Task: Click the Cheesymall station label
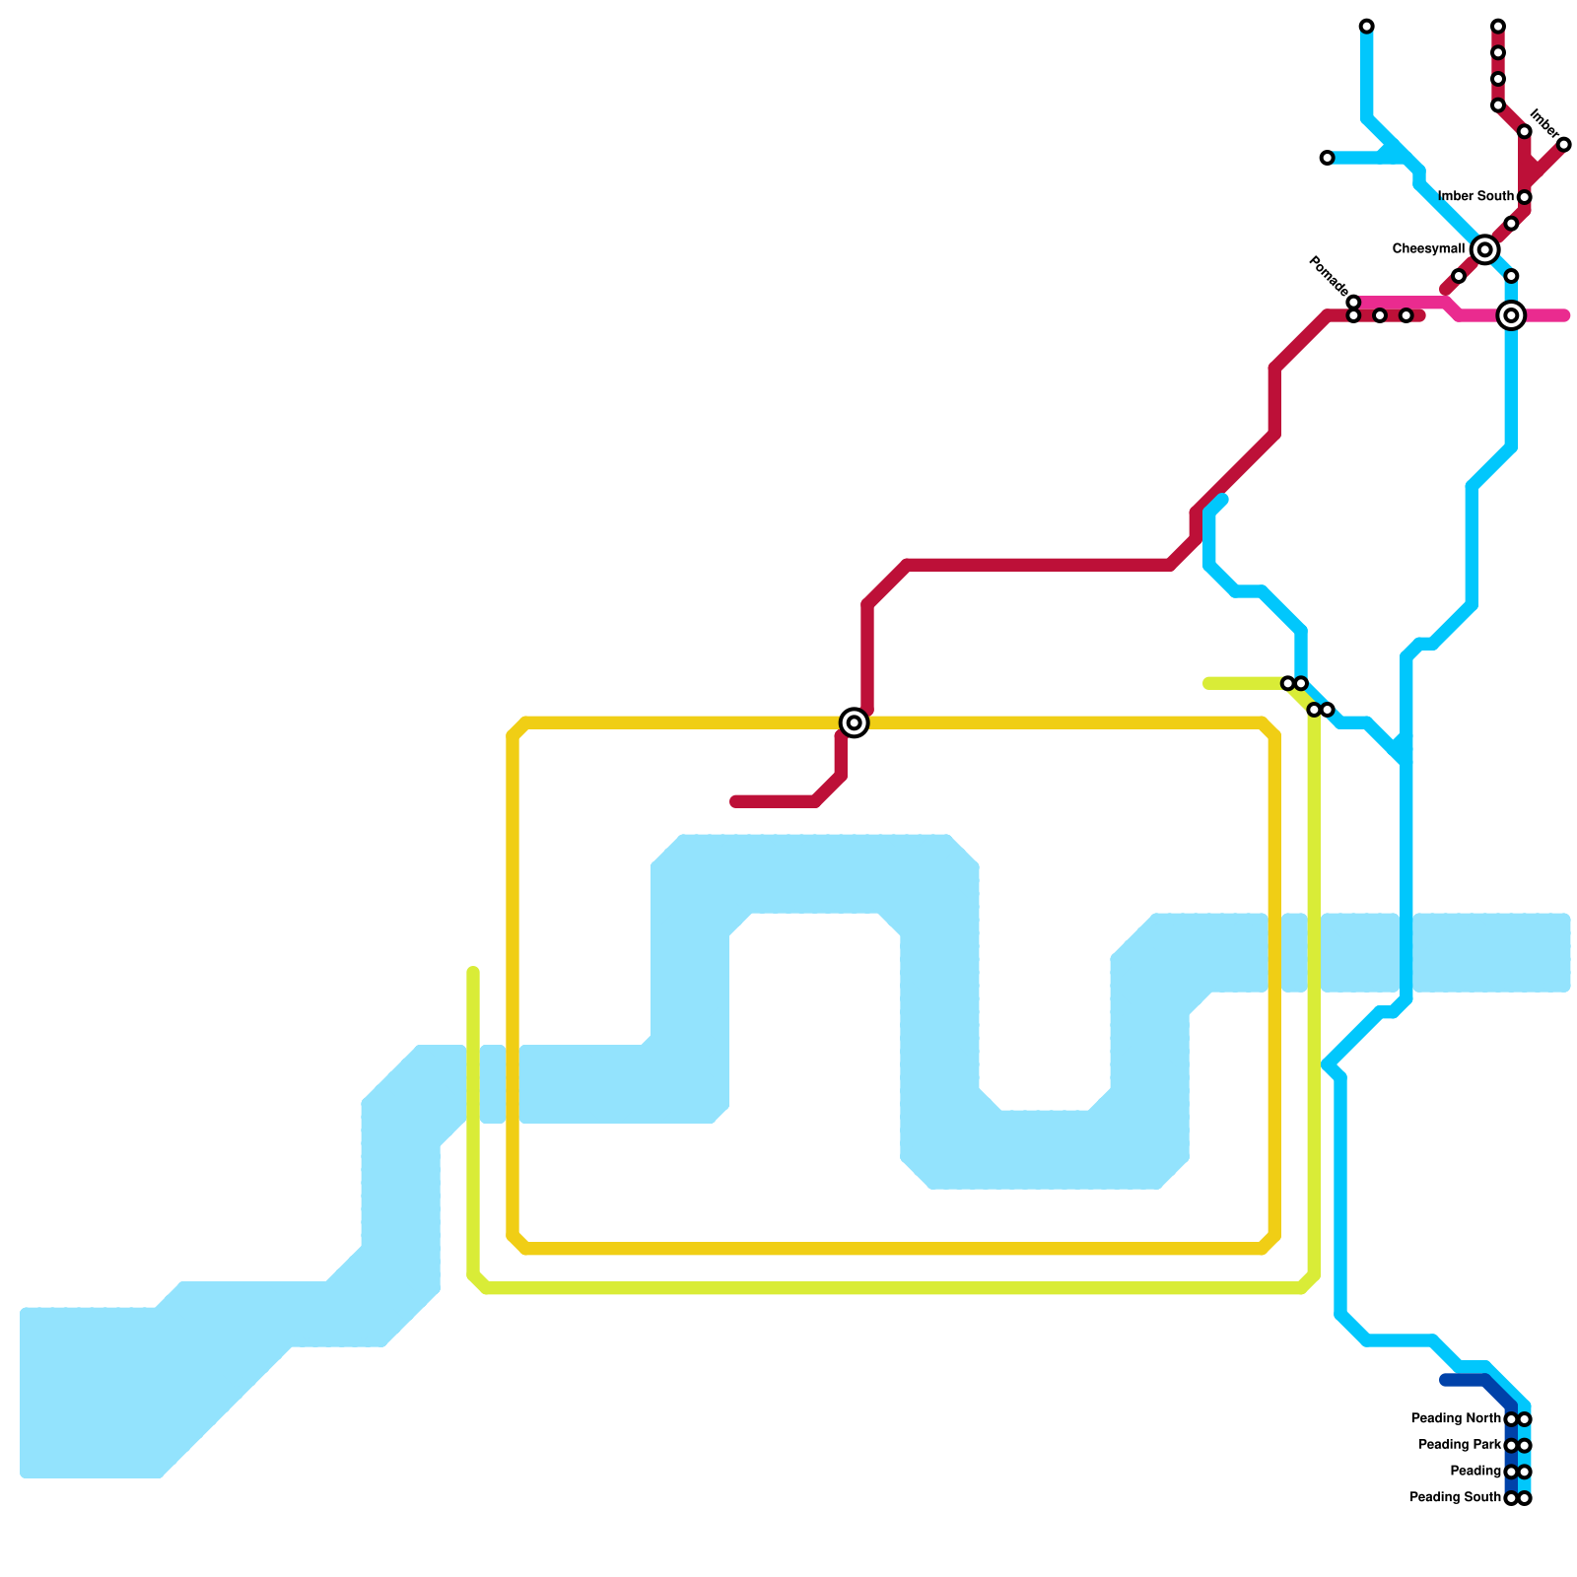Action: tap(1428, 249)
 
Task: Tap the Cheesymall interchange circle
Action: tap(1484, 250)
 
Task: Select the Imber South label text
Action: tap(1475, 197)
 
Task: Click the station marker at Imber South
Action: tap(1524, 197)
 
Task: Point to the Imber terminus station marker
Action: tap(1563, 145)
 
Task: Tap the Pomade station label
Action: tap(1327, 275)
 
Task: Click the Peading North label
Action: tap(1456, 1419)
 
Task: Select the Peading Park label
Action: tap(1460, 1446)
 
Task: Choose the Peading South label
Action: tap(1455, 1498)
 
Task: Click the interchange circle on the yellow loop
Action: tap(855, 722)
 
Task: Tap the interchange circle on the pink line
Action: tap(1511, 315)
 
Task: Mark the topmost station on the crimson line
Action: tap(1498, 27)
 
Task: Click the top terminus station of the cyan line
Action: tap(1366, 27)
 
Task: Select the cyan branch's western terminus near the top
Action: tap(1327, 158)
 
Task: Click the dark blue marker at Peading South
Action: tap(1511, 1498)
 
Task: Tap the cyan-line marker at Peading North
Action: tap(1525, 1419)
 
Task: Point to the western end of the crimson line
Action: tap(735, 801)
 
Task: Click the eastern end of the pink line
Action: tap(1564, 315)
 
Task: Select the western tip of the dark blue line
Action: tap(1445, 1380)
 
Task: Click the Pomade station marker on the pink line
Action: tap(1353, 303)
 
